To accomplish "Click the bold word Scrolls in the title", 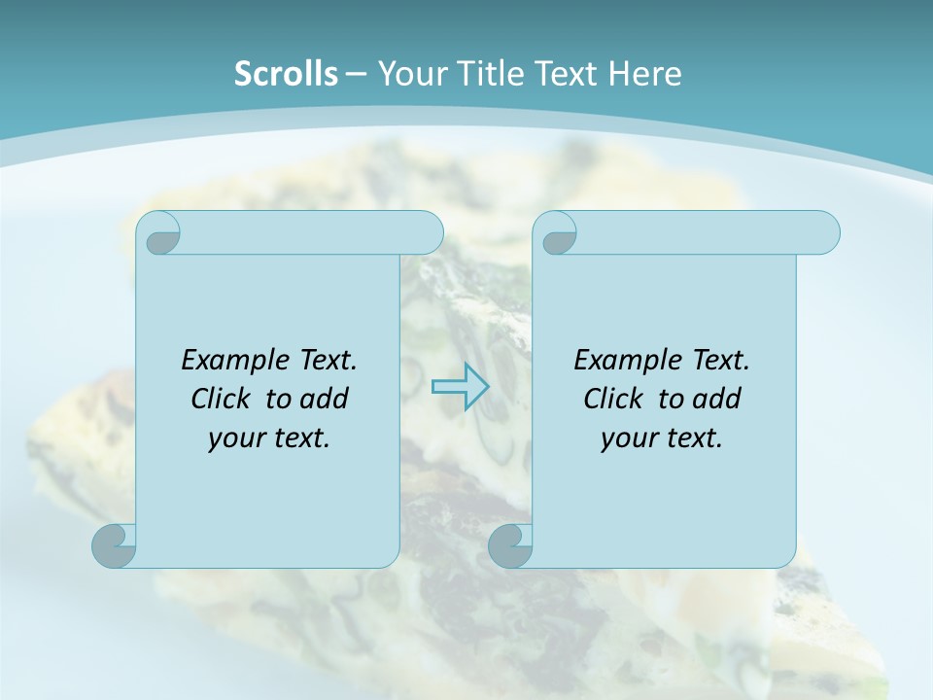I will [x=286, y=74].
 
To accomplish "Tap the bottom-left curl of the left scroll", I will [x=115, y=546].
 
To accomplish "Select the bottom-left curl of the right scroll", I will [x=510, y=546].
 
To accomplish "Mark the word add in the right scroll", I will [x=717, y=399].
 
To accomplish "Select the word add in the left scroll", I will [x=326, y=399].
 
